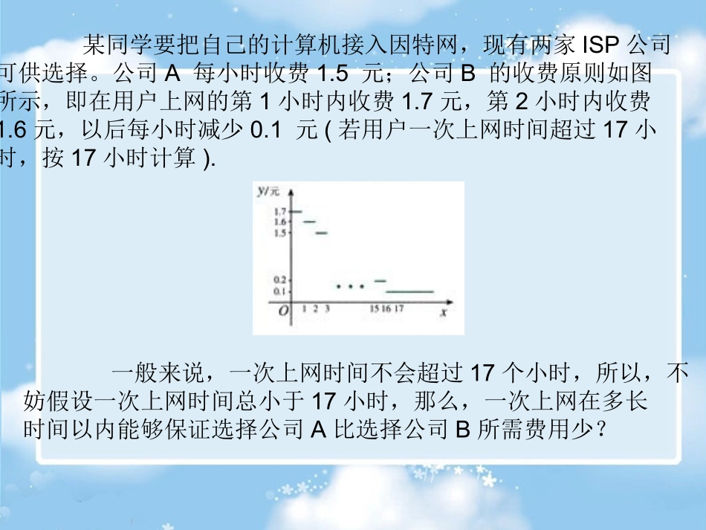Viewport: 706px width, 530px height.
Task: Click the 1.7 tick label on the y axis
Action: [x=279, y=212]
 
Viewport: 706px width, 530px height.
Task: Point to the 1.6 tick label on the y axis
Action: [x=279, y=222]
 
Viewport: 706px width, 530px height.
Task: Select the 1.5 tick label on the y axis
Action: [x=279, y=233]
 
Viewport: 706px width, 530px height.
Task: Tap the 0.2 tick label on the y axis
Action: [x=279, y=280]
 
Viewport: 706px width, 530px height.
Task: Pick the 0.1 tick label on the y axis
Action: [x=279, y=291]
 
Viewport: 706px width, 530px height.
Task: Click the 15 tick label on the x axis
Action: [x=375, y=309]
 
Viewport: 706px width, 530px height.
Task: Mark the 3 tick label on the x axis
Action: [x=327, y=309]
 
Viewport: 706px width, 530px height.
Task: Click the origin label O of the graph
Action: [x=283, y=312]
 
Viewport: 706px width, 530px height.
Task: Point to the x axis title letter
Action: [x=442, y=313]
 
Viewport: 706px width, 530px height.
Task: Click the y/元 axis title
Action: [x=268, y=192]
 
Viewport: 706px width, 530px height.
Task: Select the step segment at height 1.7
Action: [x=295, y=212]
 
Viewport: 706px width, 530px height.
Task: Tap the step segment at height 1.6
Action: [x=309, y=222]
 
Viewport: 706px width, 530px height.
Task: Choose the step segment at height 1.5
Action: [x=322, y=233]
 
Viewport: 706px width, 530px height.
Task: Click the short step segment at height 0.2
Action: [x=380, y=280]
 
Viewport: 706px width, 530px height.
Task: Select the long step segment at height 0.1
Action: [x=409, y=292]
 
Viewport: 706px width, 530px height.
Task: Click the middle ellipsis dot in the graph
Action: [x=351, y=285]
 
